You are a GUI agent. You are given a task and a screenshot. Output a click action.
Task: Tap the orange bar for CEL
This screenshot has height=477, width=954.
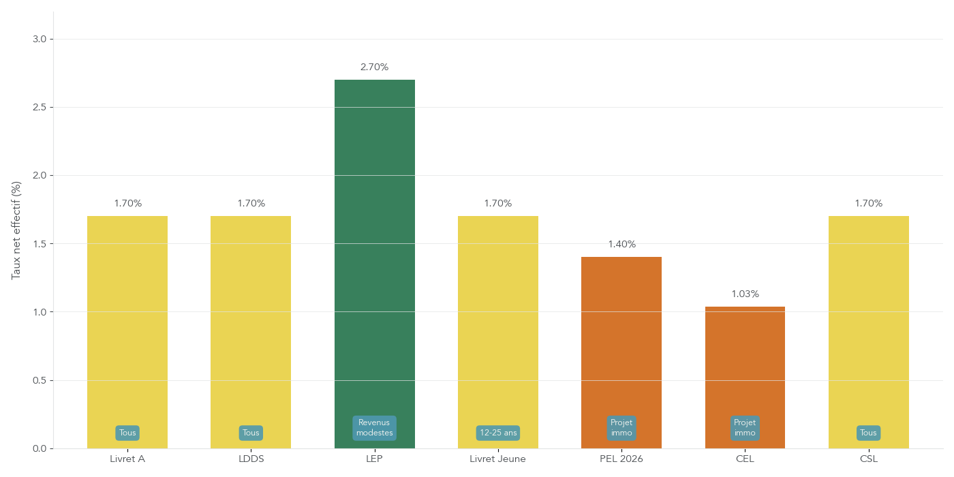click(745, 361)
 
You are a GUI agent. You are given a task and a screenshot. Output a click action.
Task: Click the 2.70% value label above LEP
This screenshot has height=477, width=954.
click(374, 67)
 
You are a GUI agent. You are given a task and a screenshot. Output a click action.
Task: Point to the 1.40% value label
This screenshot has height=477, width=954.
click(621, 245)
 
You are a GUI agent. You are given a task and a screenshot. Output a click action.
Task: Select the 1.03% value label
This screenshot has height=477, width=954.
click(745, 294)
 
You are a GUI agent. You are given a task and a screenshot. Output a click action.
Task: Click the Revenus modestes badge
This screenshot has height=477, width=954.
click(374, 428)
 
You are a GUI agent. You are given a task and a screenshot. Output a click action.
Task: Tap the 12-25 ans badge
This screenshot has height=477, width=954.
click(497, 433)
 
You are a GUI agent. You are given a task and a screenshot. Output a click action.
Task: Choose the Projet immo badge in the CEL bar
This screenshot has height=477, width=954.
click(745, 428)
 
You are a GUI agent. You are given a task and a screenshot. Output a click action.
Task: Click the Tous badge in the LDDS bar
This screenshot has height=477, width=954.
click(251, 433)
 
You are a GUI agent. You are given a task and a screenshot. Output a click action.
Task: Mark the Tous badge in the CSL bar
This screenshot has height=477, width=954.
click(868, 433)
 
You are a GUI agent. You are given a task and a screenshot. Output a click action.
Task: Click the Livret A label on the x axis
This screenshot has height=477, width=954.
click(127, 459)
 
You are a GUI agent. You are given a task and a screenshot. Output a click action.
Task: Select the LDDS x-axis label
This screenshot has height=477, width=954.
click(251, 459)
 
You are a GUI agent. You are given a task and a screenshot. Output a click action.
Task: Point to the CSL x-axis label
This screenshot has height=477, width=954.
click(868, 459)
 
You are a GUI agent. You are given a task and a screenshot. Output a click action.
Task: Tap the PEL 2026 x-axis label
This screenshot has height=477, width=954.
click(621, 459)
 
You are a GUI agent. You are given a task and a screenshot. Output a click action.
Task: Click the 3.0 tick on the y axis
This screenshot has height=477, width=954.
click(40, 39)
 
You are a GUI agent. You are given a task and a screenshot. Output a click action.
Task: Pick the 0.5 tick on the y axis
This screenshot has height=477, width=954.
click(40, 380)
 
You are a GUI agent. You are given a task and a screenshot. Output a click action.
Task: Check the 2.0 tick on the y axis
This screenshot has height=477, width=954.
click(40, 176)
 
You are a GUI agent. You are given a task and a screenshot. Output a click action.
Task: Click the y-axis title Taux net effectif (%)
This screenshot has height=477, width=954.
click(16, 230)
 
